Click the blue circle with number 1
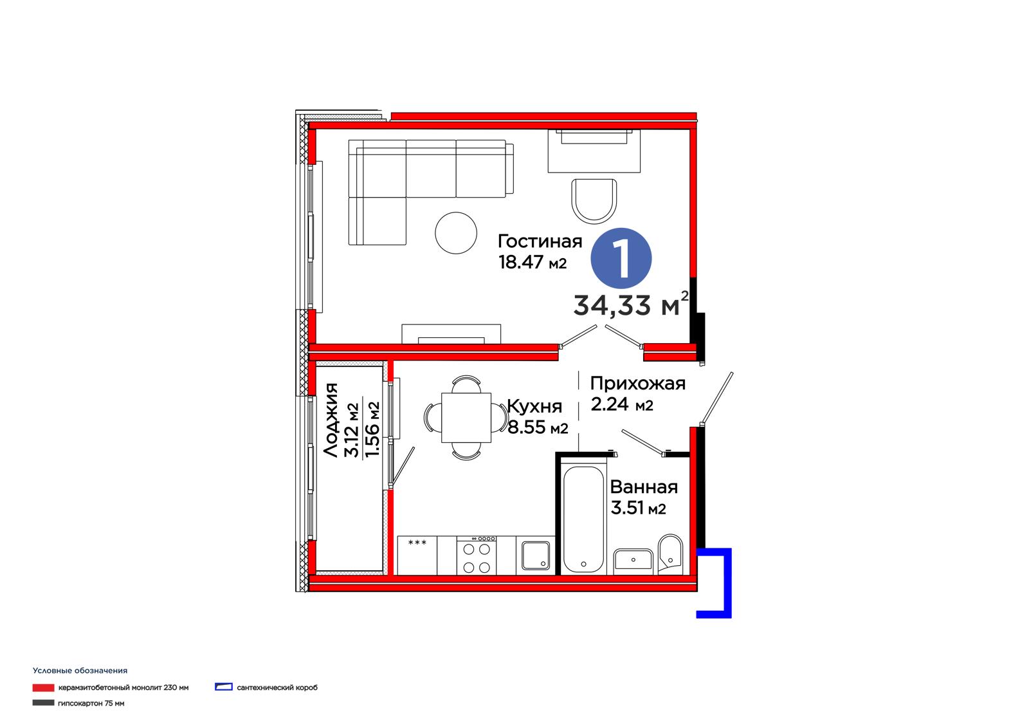621,259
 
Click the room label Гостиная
540,241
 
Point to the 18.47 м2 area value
533,262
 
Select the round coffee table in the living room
456,233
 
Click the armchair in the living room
594,201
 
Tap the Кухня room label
534,407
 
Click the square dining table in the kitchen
466,418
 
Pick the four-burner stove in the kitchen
477,555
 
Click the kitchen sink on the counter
536,555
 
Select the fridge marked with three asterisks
417,555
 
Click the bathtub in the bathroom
583,519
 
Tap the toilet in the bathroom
670,554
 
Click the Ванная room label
644,487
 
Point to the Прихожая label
637,384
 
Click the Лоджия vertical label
331,420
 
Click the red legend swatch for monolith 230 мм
44,688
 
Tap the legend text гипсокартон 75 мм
91,703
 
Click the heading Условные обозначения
80,671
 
